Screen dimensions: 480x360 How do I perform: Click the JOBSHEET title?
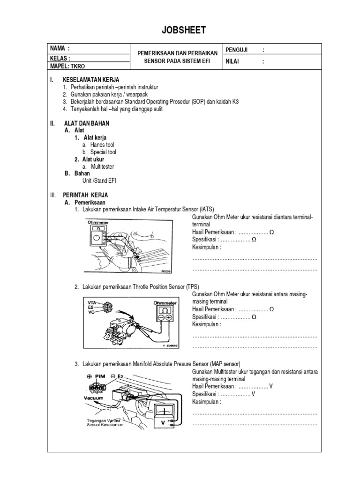pos(180,31)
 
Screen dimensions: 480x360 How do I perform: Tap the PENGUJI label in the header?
pos(237,49)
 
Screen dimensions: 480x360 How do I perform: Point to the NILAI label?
pos(233,61)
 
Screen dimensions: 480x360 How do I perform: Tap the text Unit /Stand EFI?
pos(99,180)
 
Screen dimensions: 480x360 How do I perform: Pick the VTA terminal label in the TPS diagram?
pos(92,303)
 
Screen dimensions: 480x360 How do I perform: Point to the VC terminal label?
pos(91,312)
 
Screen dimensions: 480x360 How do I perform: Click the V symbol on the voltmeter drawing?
pos(163,422)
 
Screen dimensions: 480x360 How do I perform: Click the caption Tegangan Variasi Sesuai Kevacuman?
pos(105,423)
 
